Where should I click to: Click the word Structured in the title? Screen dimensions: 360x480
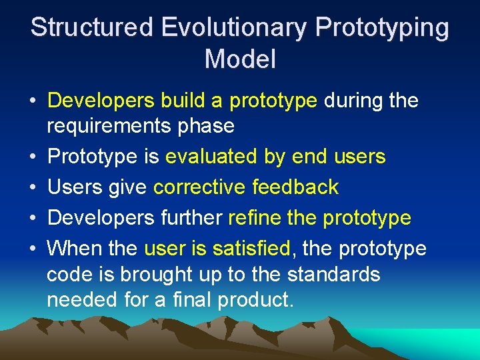(x=93, y=28)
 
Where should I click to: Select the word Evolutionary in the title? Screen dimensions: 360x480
(x=234, y=28)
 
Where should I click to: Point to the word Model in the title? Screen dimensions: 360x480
(x=240, y=59)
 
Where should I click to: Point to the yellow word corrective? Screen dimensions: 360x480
(x=199, y=187)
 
